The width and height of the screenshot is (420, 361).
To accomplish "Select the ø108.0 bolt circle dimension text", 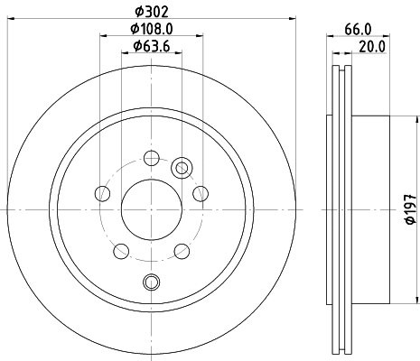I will coord(150,29).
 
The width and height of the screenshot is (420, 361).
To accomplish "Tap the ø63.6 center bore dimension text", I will coord(150,46).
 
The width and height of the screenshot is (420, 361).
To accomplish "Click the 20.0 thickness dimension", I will coord(373,47).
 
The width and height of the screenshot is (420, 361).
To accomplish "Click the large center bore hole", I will coord(151,209).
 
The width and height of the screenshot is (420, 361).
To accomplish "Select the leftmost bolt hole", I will coord(102,193).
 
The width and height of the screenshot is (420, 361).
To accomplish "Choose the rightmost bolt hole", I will coord(201,193).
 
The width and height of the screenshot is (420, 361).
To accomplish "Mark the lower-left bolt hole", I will coord(120,250).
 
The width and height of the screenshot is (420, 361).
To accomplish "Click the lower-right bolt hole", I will coord(182,250).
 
